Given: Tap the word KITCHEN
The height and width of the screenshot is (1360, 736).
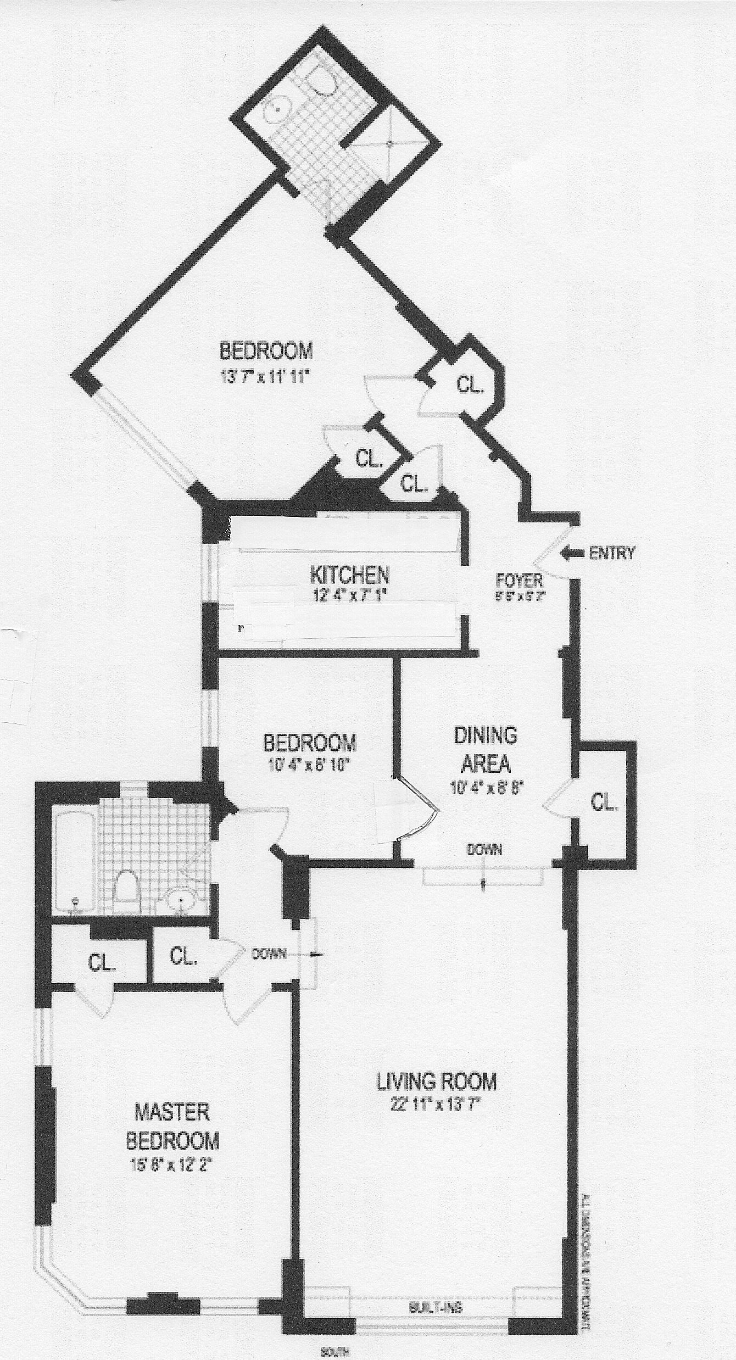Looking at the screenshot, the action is (x=350, y=575).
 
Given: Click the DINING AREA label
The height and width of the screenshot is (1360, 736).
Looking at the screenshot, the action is (x=486, y=749).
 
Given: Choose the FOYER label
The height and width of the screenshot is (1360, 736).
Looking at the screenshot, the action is (x=519, y=579).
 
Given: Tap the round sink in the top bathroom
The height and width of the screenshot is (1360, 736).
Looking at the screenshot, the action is (x=278, y=109).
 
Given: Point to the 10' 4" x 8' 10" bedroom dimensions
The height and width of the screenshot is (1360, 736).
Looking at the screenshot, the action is (x=310, y=764).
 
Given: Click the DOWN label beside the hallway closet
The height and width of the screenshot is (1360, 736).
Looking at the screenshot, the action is (x=269, y=954).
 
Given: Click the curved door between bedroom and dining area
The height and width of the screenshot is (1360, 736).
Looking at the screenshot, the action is (x=416, y=811).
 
